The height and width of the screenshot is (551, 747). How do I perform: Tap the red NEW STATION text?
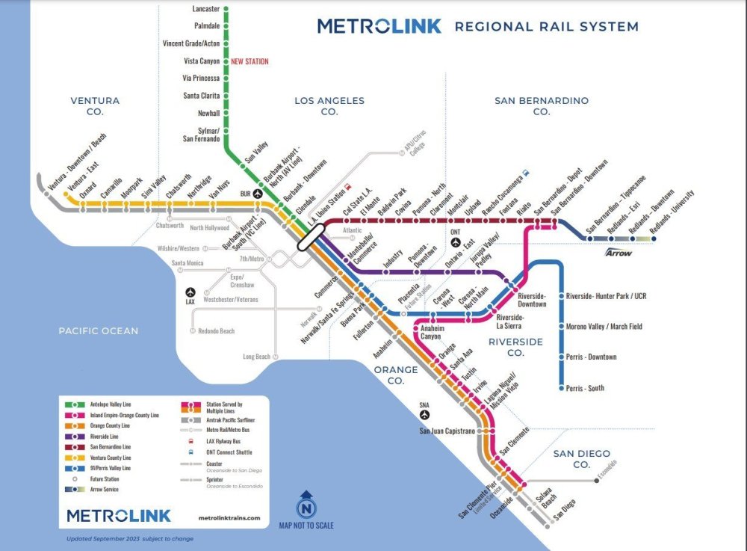pyautogui.click(x=249, y=61)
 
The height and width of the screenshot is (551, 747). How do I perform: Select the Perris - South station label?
pyautogui.click(x=585, y=388)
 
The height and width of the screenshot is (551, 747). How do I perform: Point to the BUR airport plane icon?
pyautogui.click(x=258, y=193)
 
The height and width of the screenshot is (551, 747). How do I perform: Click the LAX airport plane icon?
pyautogui.click(x=190, y=292)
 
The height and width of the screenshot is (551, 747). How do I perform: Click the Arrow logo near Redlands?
pyautogui.click(x=619, y=252)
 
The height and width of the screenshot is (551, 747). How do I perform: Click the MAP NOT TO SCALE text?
pyautogui.click(x=306, y=525)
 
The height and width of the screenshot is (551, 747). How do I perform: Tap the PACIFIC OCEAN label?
pyautogui.click(x=99, y=330)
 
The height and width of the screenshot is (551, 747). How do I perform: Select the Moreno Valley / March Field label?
pyautogui.click(x=604, y=327)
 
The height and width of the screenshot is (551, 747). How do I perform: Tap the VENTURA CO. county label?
pyautogui.click(x=95, y=105)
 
